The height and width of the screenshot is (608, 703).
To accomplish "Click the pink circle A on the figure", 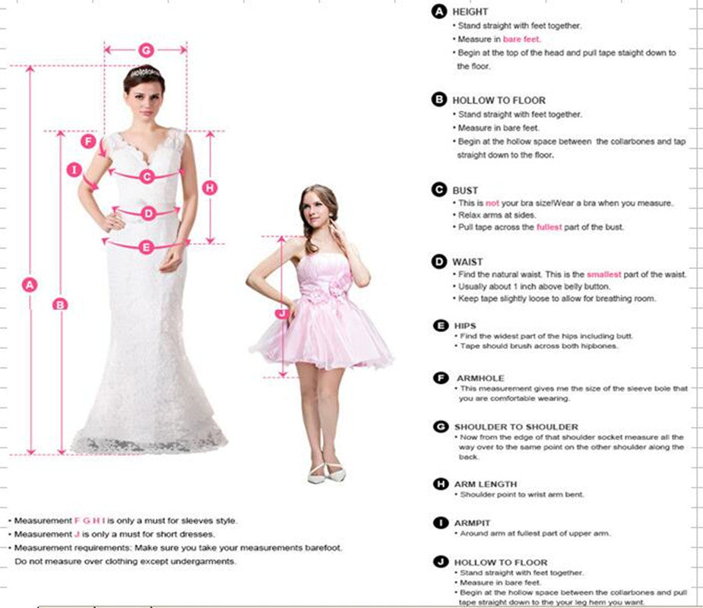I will [x=30, y=285].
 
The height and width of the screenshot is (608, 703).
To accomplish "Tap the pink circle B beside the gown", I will [x=60, y=304].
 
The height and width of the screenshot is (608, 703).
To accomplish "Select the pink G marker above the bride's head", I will [x=146, y=50].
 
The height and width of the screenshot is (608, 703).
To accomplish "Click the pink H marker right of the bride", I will [x=211, y=187].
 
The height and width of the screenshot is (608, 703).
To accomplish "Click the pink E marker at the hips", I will [x=146, y=246].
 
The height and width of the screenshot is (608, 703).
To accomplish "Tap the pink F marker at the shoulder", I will [x=89, y=141].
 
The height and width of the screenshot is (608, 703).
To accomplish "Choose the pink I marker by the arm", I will [x=75, y=170].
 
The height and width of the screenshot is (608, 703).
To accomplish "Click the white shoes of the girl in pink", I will [x=326, y=472].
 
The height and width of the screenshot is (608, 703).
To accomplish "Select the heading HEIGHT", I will [x=470, y=11].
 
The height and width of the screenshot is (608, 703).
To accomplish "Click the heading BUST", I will [x=465, y=190].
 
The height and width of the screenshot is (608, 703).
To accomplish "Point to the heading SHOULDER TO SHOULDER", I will [x=516, y=427].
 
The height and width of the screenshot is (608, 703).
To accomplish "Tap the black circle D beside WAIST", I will [x=439, y=261].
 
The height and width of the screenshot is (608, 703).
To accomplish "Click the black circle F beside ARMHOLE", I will [x=440, y=378].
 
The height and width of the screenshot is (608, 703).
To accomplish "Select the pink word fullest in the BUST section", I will [x=549, y=227].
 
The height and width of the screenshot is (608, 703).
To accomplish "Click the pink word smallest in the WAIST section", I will [x=603, y=274].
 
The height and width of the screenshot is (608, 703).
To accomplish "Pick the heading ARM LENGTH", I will [x=486, y=484].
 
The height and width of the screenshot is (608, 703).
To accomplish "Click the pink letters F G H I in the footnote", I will [x=90, y=521].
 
